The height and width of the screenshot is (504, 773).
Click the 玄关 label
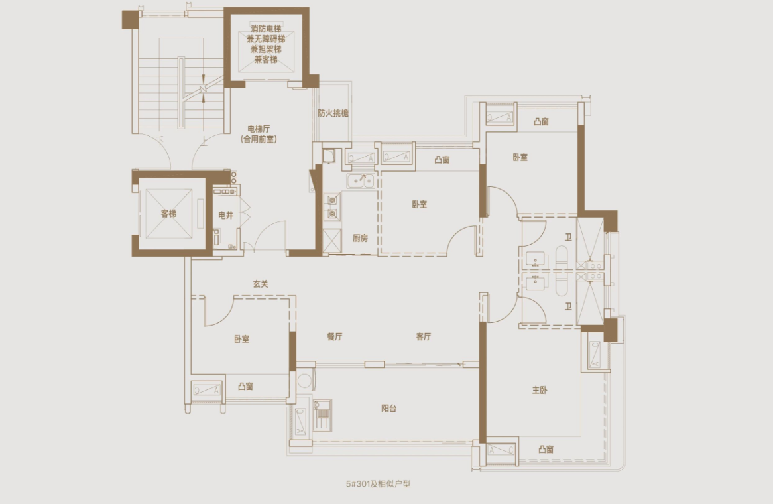tap(261, 284)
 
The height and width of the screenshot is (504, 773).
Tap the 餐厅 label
tap(335, 336)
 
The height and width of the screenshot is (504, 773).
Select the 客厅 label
tap(424, 336)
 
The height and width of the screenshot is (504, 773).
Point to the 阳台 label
tap(389, 409)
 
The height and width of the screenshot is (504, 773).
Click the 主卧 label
tap(540, 390)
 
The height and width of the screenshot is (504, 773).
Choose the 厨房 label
tap(361, 238)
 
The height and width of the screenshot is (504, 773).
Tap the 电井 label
tap(226, 215)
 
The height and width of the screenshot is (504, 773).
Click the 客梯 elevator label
tap(168, 214)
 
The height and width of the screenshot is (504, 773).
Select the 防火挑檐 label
tap(333, 113)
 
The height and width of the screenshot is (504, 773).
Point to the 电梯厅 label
tap(259, 129)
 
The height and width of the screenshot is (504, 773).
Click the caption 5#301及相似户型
tap(378, 484)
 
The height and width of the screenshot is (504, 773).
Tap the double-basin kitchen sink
tap(361, 181)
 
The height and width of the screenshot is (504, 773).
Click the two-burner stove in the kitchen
tap(333, 207)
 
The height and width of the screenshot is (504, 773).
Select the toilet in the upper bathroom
tap(561, 257)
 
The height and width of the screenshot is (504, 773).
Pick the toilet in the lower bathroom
tap(561, 284)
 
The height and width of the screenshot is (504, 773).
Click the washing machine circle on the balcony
tap(305, 381)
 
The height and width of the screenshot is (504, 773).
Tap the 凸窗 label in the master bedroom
tap(546, 449)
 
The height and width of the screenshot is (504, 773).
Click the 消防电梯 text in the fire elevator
tap(266, 29)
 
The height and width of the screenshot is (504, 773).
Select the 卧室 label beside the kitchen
tap(420, 204)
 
